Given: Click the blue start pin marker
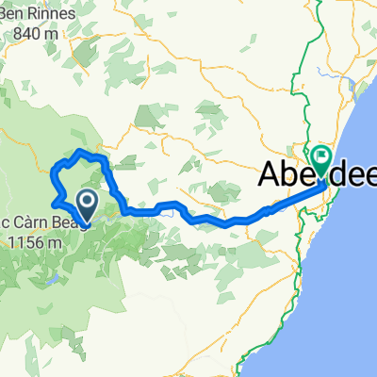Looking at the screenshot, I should coord(87,204).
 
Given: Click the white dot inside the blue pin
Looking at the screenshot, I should coord(87,199).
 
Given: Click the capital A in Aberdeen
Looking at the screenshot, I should coord(270,175).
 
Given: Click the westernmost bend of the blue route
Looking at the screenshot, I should coord(53,172).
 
